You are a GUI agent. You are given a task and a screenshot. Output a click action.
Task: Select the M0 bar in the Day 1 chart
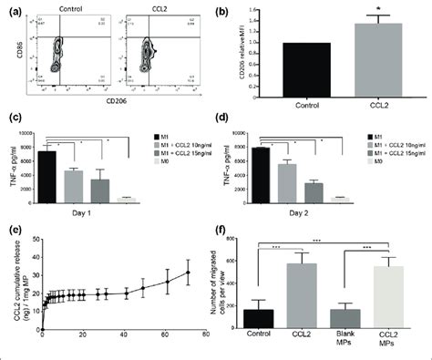point(129,198)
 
